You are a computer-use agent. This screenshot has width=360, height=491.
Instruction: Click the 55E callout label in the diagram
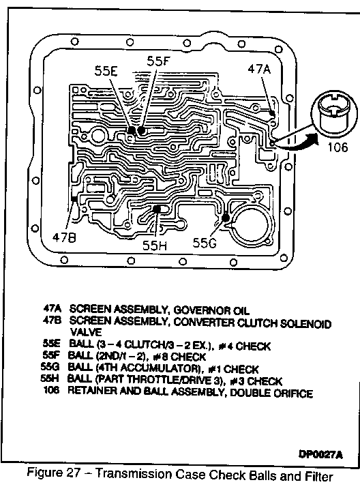coord(106,72)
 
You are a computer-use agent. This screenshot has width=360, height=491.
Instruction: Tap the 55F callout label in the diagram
coord(158,61)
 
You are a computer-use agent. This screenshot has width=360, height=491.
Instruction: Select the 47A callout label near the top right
coord(259,69)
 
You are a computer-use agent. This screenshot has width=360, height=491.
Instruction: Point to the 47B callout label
coord(64,238)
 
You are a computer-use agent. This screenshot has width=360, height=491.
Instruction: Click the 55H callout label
coord(155,245)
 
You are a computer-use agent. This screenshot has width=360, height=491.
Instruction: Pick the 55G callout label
coord(205,243)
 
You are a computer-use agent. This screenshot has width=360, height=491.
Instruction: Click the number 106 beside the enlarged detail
coord(337,147)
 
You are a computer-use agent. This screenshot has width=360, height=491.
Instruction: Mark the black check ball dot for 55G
coord(225,218)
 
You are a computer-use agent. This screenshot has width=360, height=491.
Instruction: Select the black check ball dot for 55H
coord(157,209)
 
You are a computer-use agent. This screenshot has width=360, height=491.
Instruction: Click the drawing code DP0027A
coord(320,454)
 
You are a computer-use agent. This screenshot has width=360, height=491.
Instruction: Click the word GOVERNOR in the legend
coord(202,310)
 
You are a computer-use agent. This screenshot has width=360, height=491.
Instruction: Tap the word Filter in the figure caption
coord(319,476)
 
